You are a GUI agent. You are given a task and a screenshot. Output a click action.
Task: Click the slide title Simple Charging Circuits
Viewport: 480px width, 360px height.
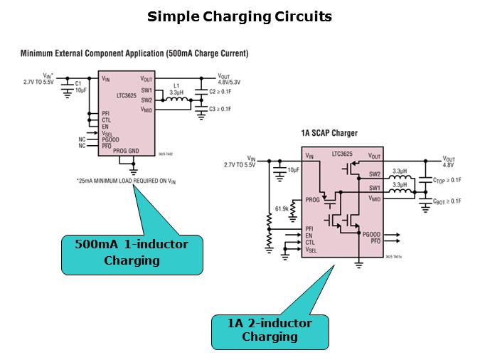coord(240,16)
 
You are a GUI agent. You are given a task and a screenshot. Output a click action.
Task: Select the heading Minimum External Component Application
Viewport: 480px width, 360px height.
coord(134,53)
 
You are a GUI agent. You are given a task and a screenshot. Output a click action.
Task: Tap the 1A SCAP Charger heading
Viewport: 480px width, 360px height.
coord(329,133)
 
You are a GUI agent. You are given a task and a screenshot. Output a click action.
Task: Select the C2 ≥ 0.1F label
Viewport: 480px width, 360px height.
coord(220,92)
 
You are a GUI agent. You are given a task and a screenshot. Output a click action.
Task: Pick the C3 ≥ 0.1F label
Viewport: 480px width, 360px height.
coord(220,108)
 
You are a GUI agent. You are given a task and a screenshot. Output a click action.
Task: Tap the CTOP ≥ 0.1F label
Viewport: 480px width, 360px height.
coord(447,180)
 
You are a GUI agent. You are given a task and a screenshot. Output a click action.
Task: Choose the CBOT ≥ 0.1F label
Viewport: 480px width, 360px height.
coord(447,201)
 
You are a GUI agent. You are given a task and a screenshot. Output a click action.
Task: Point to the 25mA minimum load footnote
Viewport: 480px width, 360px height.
coord(127,181)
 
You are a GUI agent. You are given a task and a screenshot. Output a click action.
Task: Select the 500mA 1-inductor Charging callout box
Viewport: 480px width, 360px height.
coord(132,253)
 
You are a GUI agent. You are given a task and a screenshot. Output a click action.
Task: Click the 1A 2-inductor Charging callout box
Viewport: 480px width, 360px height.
coord(270,330)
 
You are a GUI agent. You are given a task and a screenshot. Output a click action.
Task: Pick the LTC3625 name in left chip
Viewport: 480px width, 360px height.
coord(129,94)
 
